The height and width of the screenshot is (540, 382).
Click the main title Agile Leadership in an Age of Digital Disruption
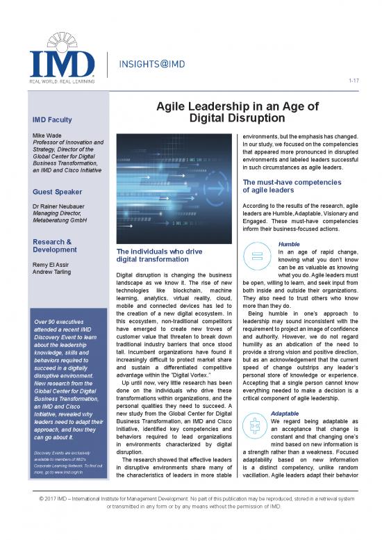pos(238,113)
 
